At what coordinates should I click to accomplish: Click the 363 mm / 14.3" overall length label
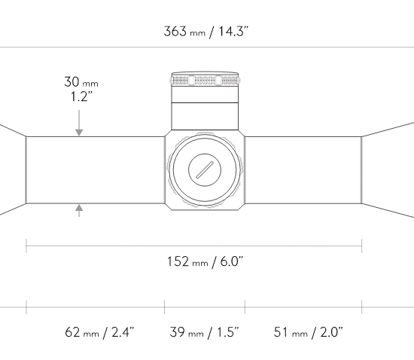206,32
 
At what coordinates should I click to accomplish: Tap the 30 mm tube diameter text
81,82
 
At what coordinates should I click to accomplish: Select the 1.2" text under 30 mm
81,96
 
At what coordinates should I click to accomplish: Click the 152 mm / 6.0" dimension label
205,262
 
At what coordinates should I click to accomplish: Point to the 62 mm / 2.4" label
99,332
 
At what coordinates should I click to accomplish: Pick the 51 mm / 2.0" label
308,332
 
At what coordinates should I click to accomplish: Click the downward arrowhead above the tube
79,133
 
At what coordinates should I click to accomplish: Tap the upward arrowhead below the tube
79,208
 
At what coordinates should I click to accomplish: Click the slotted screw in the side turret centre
205,169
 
